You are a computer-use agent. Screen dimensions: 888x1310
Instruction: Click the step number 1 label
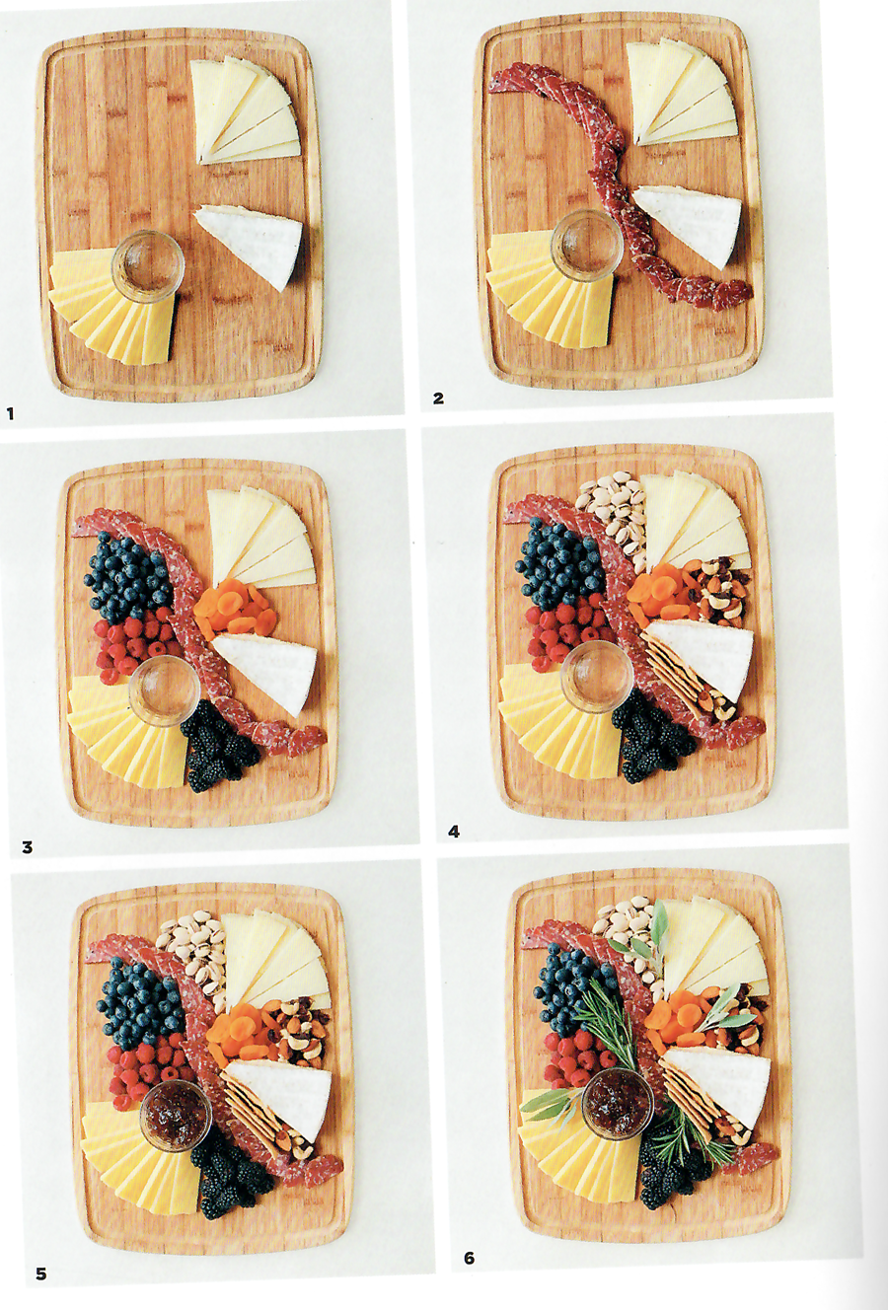(9, 414)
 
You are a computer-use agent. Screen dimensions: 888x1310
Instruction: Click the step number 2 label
(438, 399)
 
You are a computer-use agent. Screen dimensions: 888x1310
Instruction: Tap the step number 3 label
(27, 846)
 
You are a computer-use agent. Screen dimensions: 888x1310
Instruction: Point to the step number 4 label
(454, 831)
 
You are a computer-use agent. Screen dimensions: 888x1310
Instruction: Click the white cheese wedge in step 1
(250, 245)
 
